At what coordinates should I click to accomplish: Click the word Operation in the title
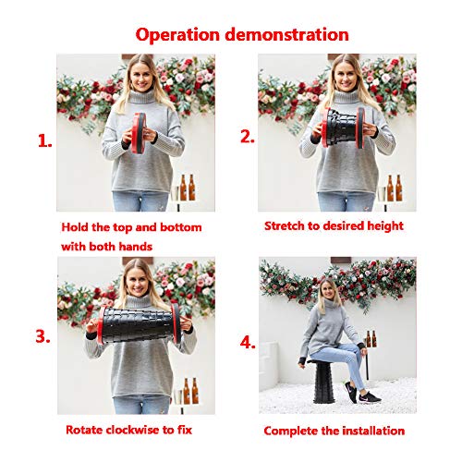177,35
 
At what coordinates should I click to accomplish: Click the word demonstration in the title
287,34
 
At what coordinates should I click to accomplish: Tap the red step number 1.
45,141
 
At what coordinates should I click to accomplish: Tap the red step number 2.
248,137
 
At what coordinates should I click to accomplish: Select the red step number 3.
43,336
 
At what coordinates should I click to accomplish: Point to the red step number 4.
248,342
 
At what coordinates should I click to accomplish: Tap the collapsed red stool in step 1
139,133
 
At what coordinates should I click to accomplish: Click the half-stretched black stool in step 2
343,128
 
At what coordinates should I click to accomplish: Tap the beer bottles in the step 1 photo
188,188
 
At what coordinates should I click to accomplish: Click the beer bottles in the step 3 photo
191,391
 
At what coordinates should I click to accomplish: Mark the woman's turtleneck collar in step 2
346,96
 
